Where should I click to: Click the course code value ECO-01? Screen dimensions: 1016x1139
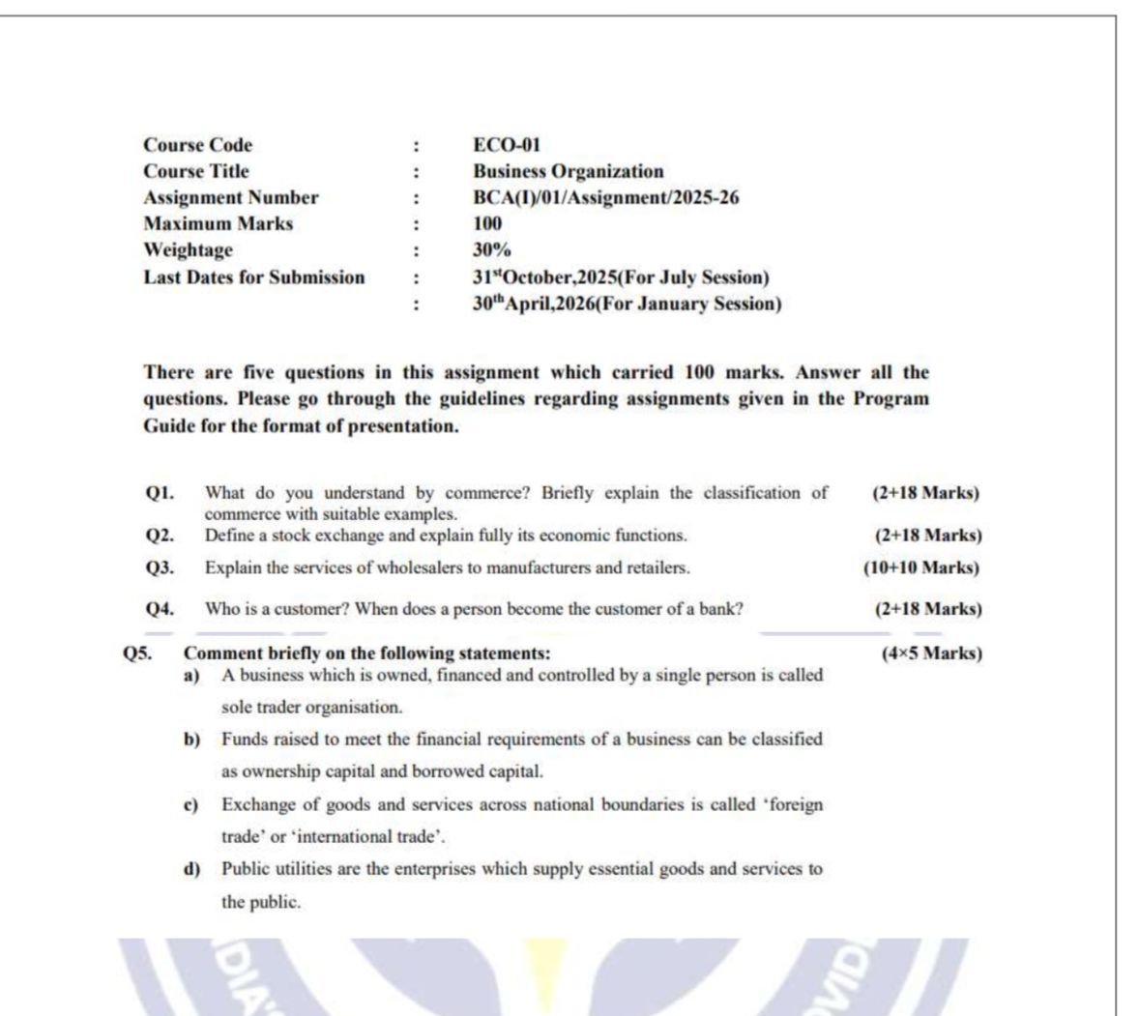[x=507, y=145]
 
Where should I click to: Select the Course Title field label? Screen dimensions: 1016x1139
[x=196, y=171]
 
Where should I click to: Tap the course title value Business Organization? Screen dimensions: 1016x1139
[x=568, y=171]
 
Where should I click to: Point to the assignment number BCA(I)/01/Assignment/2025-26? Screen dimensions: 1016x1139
[x=605, y=197]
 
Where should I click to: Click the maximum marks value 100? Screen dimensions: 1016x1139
[x=487, y=223]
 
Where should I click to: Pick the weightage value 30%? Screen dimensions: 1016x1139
[x=491, y=249]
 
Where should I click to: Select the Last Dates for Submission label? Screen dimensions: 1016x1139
[x=254, y=277]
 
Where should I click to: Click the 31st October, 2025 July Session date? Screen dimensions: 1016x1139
[x=621, y=277]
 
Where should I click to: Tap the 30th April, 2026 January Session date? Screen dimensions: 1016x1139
[x=627, y=304]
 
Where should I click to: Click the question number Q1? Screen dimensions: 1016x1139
[x=160, y=493]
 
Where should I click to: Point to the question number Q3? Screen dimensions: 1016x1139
[x=160, y=567]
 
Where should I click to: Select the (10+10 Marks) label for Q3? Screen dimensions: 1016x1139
[x=920, y=567]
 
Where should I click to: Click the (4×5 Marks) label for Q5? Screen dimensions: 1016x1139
[x=931, y=653]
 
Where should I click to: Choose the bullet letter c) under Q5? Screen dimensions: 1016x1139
[x=191, y=804]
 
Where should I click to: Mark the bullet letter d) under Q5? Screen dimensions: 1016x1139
[x=191, y=868]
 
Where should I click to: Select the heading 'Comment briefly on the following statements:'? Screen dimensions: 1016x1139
[x=367, y=653]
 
